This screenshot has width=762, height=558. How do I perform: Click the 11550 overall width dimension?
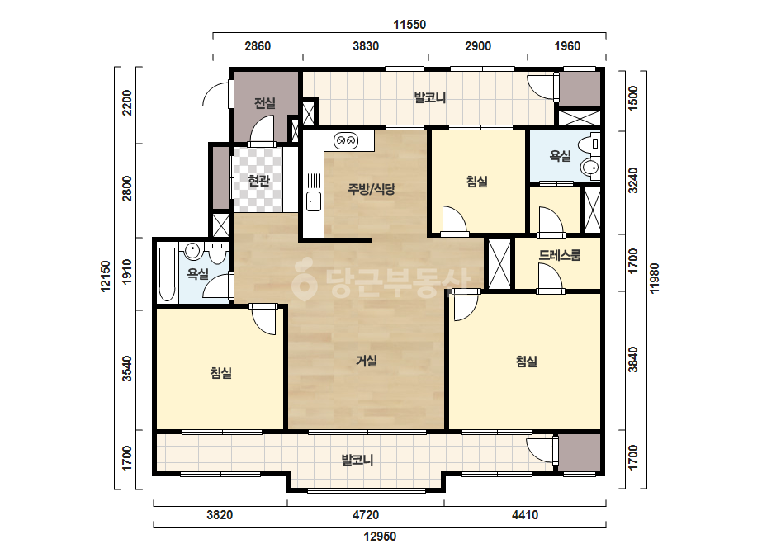click(x=409, y=25)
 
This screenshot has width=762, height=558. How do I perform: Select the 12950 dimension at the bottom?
click(x=380, y=537)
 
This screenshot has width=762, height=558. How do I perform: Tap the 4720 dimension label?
click(x=366, y=515)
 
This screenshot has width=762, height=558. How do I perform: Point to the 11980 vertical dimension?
click(x=655, y=278)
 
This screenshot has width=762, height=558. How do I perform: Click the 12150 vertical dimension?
click(x=106, y=277)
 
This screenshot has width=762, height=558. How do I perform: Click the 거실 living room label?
click(x=367, y=361)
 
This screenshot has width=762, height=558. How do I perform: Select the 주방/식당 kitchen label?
click(x=372, y=189)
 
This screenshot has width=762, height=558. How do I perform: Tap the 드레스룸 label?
click(x=560, y=255)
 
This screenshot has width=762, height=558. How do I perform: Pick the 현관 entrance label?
click(x=258, y=181)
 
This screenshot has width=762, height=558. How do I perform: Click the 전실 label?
click(x=265, y=103)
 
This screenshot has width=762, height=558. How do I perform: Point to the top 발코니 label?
click(x=430, y=97)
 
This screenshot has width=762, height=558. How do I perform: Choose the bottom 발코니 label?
click(x=357, y=460)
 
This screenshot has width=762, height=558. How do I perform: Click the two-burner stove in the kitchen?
click(x=346, y=140)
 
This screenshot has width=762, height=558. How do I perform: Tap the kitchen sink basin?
click(x=314, y=201)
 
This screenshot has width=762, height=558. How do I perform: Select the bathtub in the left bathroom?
click(x=167, y=275)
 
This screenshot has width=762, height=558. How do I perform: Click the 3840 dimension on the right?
click(x=632, y=360)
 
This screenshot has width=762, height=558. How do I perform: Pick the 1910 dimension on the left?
click(x=127, y=272)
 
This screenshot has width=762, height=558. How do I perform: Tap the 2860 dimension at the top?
click(x=258, y=46)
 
